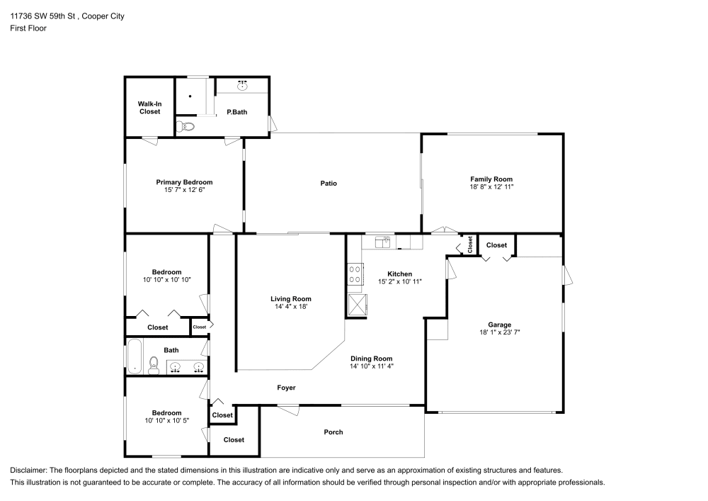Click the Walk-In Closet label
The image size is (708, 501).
(149, 107)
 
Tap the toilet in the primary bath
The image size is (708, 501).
(185, 128)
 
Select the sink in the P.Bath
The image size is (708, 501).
(242, 85)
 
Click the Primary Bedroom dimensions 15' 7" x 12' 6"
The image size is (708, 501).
(184, 190)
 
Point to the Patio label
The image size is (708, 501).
(328, 184)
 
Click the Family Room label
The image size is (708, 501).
(491, 179)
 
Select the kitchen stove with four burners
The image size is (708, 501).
(356, 274)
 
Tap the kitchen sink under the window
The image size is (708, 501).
(383, 242)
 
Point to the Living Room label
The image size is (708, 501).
(290, 298)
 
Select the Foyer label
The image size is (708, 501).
(286, 388)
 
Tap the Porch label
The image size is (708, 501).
(333, 432)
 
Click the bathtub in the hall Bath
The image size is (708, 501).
(134, 357)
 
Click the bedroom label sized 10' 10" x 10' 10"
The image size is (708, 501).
(167, 272)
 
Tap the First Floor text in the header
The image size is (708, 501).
(28, 28)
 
